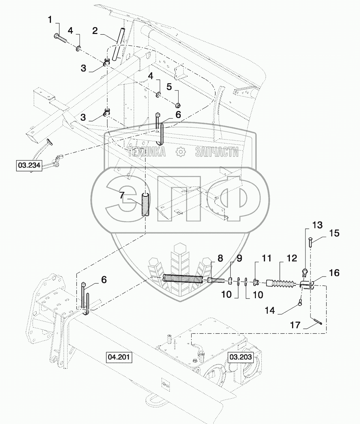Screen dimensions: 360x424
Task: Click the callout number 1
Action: [x=50, y=20]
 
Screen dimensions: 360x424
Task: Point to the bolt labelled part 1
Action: [x=61, y=38]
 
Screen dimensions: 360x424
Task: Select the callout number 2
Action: [x=95, y=31]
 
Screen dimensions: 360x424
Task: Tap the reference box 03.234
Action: [x=29, y=165]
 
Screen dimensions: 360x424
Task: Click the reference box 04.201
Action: [x=119, y=357]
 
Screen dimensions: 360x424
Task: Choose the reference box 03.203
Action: [x=240, y=357]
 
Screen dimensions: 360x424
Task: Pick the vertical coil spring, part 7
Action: [x=146, y=205]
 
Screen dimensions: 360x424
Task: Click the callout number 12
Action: [x=292, y=258]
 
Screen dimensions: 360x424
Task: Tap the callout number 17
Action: [x=295, y=325]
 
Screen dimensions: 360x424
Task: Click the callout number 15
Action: [x=334, y=233]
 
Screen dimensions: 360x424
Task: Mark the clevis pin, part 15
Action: [x=310, y=241]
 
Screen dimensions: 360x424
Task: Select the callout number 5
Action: [x=169, y=87]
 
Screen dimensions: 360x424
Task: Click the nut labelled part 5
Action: [x=178, y=105]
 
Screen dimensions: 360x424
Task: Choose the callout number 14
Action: [x=270, y=310]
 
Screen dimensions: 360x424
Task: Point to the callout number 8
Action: [x=220, y=258]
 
